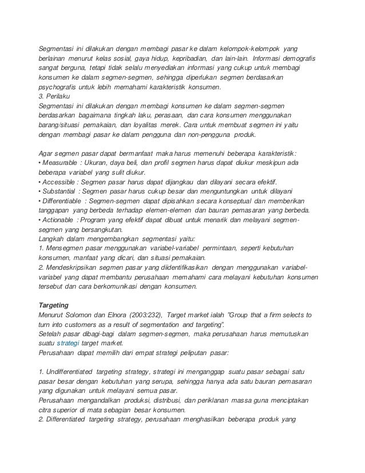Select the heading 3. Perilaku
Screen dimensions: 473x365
[x=53, y=96]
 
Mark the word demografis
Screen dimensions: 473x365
[x=300, y=59]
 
